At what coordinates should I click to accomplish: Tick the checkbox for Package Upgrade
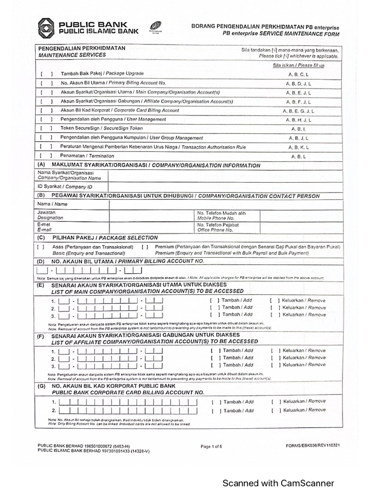point(46,73)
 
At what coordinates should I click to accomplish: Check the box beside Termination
point(46,156)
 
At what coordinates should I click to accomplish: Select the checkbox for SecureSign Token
point(46,129)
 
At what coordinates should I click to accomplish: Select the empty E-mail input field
point(151,227)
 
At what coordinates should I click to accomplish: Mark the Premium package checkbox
point(145,247)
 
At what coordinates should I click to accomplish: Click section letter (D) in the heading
point(41,261)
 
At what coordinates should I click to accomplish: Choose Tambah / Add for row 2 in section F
point(215,358)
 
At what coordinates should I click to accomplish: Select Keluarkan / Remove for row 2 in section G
point(276,410)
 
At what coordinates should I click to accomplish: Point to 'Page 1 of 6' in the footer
point(211,447)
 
